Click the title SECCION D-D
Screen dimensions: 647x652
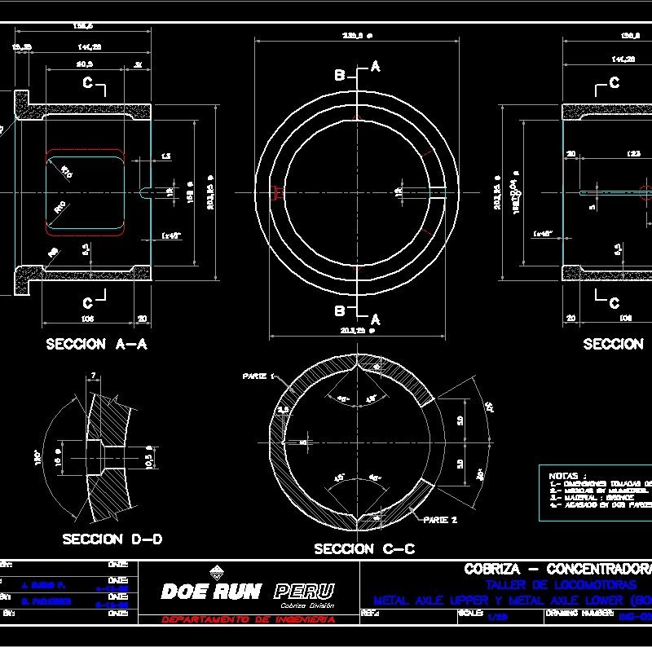(x=112, y=539)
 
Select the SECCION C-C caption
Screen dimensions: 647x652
(x=363, y=549)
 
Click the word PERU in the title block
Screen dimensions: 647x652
(x=304, y=591)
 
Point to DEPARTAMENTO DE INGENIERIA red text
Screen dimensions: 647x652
(x=249, y=620)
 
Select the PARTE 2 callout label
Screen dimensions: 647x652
(x=440, y=518)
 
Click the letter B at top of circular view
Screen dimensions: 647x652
(x=340, y=75)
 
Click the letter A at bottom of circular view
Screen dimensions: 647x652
(x=376, y=319)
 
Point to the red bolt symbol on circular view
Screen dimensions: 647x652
(x=278, y=192)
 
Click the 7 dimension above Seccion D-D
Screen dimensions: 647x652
(x=94, y=375)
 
